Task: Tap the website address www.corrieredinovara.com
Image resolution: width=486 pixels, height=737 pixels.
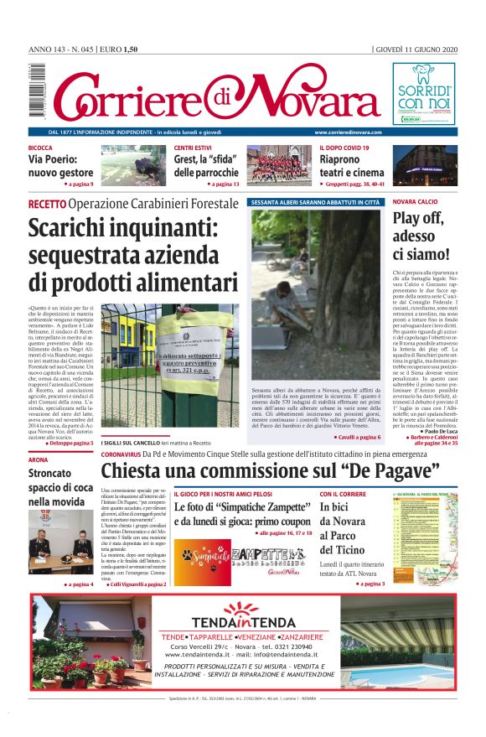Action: click(x=349, y=132)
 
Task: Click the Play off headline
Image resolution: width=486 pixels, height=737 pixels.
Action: click(x=421, y=236)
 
